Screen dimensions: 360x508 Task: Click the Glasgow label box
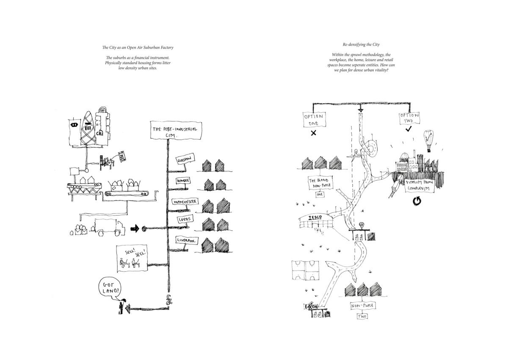185,160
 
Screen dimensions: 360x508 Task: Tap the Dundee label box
183,181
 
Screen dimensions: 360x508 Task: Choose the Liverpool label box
187,240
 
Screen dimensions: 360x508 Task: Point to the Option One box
314,119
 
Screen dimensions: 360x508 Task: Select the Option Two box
409,118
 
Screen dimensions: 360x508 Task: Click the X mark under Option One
314,133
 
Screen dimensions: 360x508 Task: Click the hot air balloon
429,140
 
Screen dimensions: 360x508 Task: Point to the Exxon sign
312,306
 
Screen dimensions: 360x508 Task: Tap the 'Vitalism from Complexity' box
420,185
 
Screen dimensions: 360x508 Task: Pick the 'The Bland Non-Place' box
320,183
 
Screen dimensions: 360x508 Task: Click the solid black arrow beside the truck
135,229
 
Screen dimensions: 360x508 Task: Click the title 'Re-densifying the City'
361,44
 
